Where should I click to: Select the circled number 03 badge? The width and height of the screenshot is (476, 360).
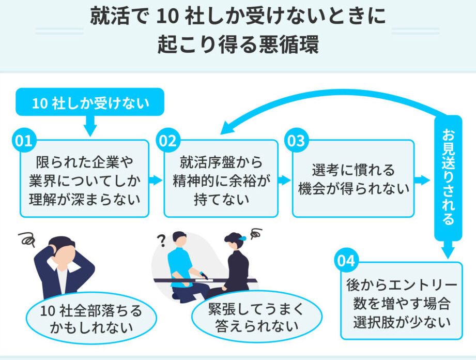point(295,142)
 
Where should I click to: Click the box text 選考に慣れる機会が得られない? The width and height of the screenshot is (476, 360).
point(354,179)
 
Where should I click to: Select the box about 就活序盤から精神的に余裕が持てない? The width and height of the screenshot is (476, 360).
point(221,179)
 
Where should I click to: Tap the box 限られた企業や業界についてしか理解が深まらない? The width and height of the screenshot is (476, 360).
point(84,179)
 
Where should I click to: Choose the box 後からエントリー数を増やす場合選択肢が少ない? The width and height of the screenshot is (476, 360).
point(401,302)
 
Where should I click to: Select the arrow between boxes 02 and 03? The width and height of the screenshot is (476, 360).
point(285,180)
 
